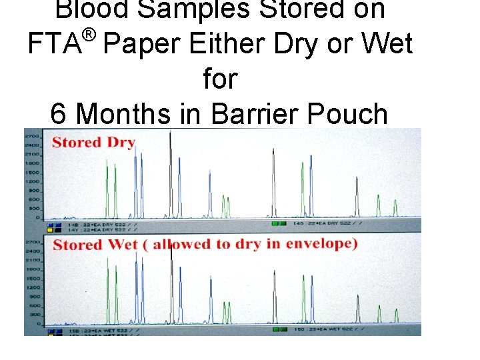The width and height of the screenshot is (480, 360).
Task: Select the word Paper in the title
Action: coord(143,44)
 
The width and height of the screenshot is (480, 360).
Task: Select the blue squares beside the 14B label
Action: coord(51,225)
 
